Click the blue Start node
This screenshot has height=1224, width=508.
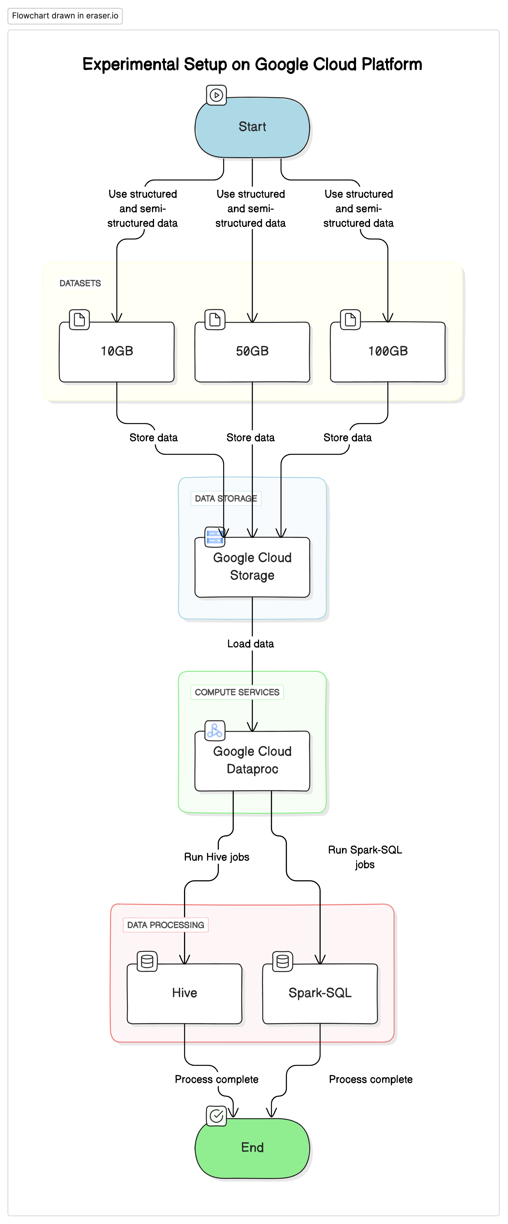tap(252, 127)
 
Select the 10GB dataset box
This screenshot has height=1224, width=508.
tap(117, 352)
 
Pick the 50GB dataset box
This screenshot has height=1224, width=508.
tap(252, 352)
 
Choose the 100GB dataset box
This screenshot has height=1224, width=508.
tap(388, 352)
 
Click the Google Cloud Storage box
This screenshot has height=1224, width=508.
tap(252, 567)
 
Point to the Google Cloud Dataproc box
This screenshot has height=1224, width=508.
tap(252, 761)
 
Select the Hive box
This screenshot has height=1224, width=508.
tap(184, 993)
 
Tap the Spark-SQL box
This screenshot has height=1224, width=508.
tap(320, 993)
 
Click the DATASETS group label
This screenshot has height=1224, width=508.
tap(80, 283)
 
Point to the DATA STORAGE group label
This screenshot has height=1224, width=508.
tap(226, 499)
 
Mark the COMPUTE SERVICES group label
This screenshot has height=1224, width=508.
tap(237, 692)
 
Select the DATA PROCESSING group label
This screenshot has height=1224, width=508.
tap(165, 925)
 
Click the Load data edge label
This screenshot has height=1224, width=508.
tap(251, 644)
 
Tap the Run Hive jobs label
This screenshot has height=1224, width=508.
tap(217, 857)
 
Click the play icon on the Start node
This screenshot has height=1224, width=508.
tap(216, 95)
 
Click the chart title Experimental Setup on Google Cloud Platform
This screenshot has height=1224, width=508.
tap(252, 64)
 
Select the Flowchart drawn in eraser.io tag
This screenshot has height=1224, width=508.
tap(65, 16)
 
